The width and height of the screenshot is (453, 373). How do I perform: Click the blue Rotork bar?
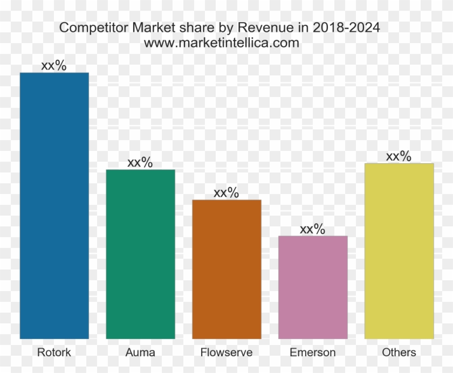tap(54, 205)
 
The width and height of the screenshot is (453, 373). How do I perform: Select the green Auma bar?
tap(140, 254)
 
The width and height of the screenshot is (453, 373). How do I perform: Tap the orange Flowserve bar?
tap(226, 269)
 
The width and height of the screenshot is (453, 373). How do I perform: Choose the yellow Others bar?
tap(399, 251)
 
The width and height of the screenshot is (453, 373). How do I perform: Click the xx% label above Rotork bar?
tap(54, 66)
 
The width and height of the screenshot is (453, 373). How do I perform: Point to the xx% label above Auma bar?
tap(140, 163)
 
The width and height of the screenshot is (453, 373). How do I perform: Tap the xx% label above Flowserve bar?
tap(226, 193)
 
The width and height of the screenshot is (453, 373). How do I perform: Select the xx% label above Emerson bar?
tap(313, 229)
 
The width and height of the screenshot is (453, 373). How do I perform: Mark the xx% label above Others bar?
tap(399, 156)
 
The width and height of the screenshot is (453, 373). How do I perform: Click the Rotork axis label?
tap(54, 353)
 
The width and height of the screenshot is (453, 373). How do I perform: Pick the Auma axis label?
tap(140, 353)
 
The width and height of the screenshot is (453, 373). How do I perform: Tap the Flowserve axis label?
tap(226, 353)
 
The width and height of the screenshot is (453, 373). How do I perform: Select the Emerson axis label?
tap(313, 353)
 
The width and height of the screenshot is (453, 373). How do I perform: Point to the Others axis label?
tap(399, 353)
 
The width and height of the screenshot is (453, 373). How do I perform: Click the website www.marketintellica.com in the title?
tap(222, 43)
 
